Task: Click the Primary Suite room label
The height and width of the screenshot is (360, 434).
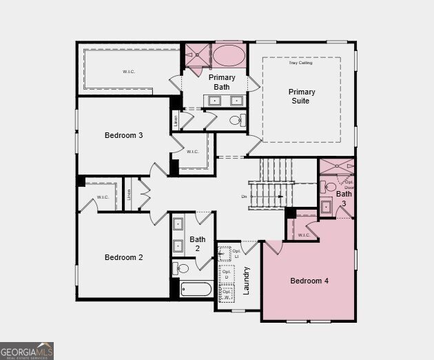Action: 302,97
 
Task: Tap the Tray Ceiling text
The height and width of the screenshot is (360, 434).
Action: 300,63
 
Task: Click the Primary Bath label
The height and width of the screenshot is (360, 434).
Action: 222,82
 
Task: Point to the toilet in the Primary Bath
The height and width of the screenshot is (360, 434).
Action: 236,121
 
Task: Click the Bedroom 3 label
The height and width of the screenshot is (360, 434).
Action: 124,135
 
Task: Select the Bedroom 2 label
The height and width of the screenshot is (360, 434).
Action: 124,257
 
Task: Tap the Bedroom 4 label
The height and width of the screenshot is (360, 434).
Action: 309,281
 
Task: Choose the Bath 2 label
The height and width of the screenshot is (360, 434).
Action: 198,243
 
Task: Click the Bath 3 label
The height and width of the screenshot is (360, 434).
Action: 344,198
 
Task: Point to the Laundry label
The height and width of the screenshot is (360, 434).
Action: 246,281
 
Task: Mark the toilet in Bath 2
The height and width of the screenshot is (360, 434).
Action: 180,268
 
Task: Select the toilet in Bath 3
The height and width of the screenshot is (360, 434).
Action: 330,187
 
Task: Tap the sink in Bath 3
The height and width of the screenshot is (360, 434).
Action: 327,206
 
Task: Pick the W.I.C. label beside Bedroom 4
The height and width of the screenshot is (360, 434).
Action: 304,235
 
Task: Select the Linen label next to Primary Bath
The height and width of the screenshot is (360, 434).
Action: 176,120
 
